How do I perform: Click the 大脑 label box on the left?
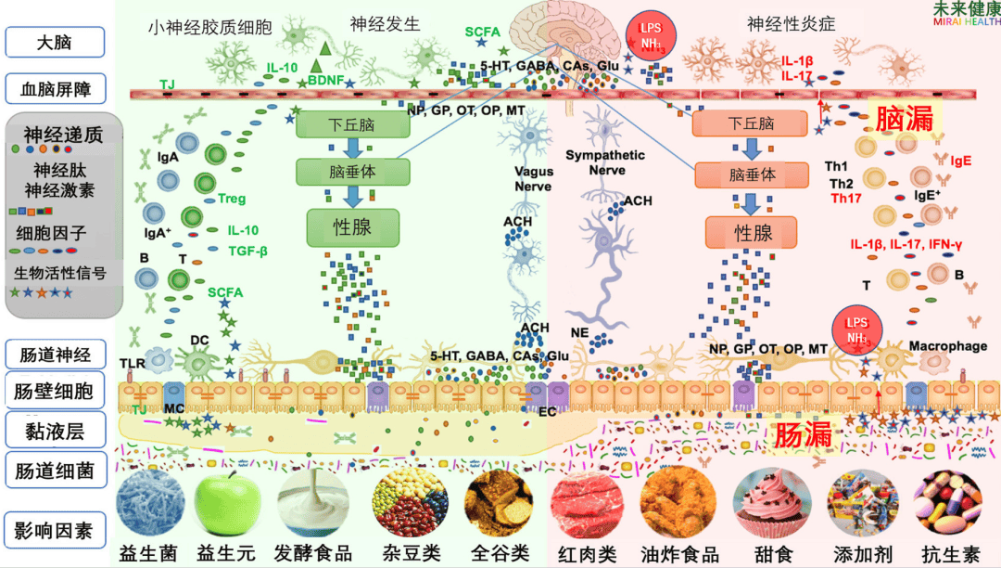(54, 42)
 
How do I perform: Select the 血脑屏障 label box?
(54, 89)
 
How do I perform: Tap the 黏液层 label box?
(54, 430)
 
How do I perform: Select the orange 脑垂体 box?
(753, 174)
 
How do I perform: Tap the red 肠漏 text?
(803, 434)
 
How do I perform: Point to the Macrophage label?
(947, 346)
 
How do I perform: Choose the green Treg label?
(232, 199)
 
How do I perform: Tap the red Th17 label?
(846, 198)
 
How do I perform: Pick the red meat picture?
(587, 506)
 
